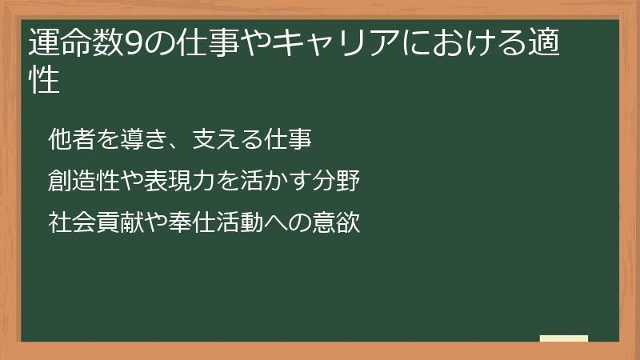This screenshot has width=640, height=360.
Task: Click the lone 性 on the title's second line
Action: (x=44, y=81)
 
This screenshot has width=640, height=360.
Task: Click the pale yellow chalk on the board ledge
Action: (x=563, y=338)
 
